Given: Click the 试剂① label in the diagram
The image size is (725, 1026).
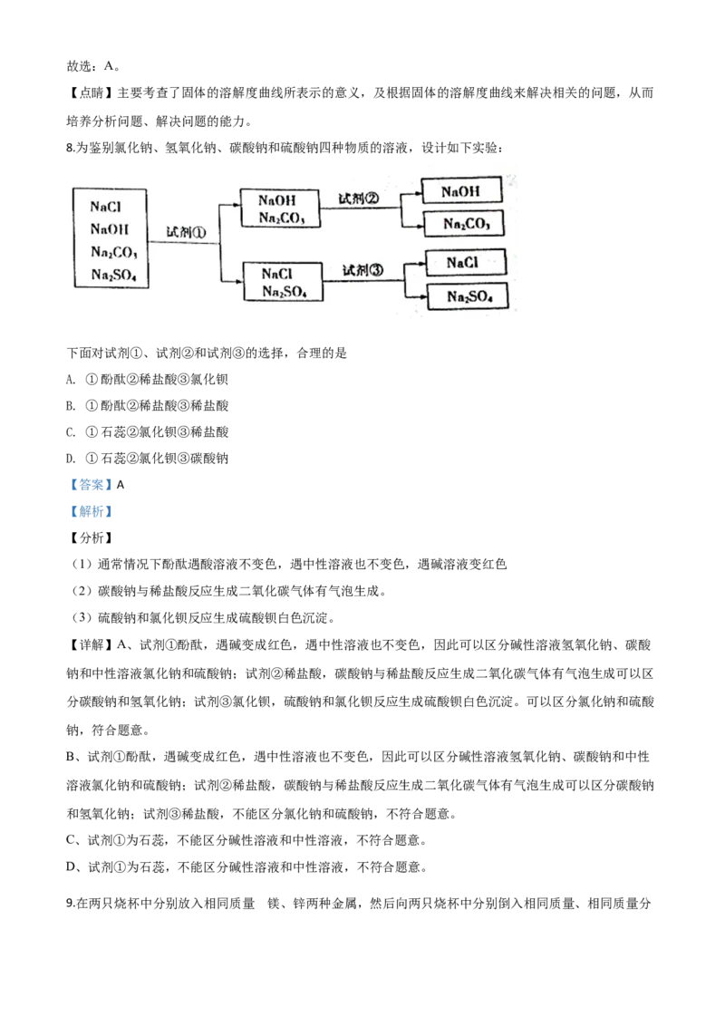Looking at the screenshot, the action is pyautogui.click(x=186, y=232).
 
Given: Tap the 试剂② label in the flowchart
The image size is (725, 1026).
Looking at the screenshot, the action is pyautogui.click(x=358, y=198).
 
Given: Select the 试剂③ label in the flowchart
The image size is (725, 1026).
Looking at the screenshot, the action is pyautogui.click(x=362, y=269).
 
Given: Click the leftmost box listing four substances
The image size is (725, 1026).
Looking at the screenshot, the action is pyautogui.click(x=110, y=238).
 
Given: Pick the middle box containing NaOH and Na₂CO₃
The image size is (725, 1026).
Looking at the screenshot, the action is pyautogui.click(x=280, y=208).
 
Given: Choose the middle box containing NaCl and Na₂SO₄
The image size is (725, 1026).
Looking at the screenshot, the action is pyautogui.click(x=283, y=281).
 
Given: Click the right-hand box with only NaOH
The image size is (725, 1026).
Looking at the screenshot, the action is pyautogui.click(x=461, y=191).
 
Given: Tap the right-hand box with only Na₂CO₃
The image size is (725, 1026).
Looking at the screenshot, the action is pyautogui.click(x=464, y=223).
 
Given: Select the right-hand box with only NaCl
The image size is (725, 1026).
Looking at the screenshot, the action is pyautogui.click(x=465, y=262).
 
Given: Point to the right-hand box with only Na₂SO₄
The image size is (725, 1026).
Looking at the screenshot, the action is pyautogui.click(x=468, y=296).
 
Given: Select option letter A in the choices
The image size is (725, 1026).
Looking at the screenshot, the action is pyautogui.click(x=71, y=380).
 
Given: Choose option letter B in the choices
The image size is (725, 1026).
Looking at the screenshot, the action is pyautogui.click(x=71, y=406).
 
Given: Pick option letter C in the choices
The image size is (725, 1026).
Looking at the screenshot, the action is pyautogui.click(x=71, y=431).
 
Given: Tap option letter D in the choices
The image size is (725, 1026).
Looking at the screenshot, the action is pyautogui.click(x=71, y=459).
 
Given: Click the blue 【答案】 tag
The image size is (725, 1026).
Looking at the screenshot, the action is pyautogui.click(x=91, y=485).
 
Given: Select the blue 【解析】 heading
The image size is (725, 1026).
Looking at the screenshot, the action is pyautogui.click(x=91, y=511).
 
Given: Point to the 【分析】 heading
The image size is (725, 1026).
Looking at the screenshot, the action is pyautogui.click(x=91, y=537).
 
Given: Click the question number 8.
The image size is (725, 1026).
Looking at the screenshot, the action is pyautogui.click(x=71, y=148).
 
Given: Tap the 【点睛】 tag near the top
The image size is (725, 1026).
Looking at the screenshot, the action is pyautogui.click(x=91, y=93).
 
